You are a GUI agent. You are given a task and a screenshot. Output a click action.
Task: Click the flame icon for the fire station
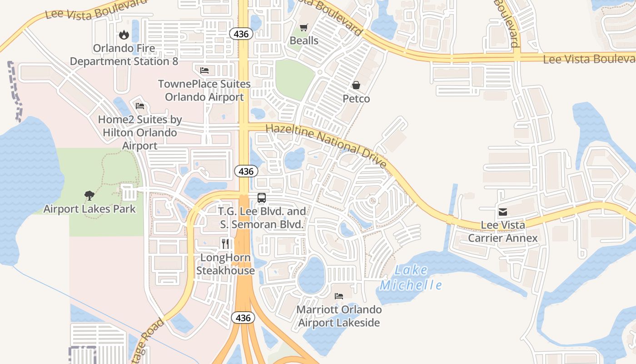click(x=124, y=35)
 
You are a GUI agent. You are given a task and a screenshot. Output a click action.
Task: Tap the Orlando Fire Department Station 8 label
click(x=124, y=55)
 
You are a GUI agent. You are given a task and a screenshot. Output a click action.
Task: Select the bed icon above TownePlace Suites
click(x=204, y=70)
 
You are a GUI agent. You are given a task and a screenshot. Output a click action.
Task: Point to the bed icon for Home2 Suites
click(x=140, y=106)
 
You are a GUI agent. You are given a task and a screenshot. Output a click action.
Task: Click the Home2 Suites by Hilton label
click(x=140, y=133)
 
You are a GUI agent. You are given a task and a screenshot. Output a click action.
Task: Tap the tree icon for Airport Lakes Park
click(x=89, y=196)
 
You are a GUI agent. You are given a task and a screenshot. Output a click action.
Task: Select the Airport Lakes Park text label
click(x=89, y=209)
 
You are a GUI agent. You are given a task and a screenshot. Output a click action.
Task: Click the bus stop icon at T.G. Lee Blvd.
click(x=262, y=198)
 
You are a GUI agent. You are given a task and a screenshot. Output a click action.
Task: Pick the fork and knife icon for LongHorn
click(x=225, y=243)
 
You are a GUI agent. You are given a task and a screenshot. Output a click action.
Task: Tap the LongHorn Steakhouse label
click(x=225, y=264)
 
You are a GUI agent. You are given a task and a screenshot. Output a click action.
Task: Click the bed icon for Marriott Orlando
click(x=339, y=296)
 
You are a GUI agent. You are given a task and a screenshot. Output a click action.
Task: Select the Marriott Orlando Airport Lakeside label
click(x=339, y=316)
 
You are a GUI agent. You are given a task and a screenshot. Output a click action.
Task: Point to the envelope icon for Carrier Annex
click(x=502, y=212)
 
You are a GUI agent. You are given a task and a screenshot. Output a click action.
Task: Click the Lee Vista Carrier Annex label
click(x=503, y=232)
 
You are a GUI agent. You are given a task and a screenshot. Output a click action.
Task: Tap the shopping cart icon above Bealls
click(x=303, y=27)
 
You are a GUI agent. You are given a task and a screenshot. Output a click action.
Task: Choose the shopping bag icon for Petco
click(x=356, y=85)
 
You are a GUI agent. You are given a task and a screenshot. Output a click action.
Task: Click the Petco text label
click(x=356, y=99)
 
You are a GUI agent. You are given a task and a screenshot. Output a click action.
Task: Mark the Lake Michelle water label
click(x=411, y=278)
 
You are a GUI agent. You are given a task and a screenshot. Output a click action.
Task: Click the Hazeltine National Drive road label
click(x=326, y=145)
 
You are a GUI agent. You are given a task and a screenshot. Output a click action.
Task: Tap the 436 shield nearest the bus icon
click(x=246, y=172)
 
